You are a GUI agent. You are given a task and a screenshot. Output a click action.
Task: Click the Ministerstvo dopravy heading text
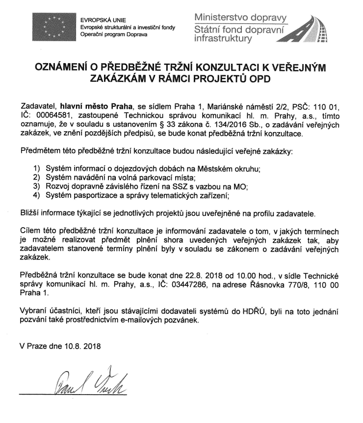click(240, 18)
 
